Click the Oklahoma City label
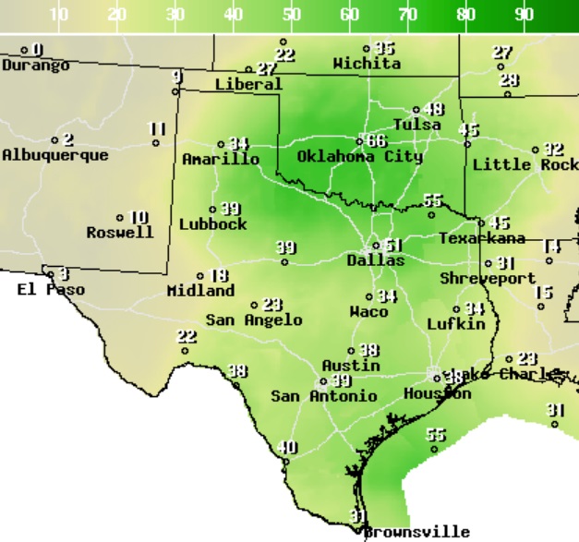pyautogui.click(x=359, y=157)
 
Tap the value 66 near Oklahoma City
pyautogui.click(x=376, y=141)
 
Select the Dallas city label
pyautogui.click(x=375, y=260)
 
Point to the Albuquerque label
pyautogui.click(x=54, y=155)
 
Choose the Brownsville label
pyautogui.click(x=416, y=532)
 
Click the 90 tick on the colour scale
pyautogui.click(x=524, y=15)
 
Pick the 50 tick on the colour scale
pyautogui.click(x=292, y=15)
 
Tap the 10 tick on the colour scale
pyautogui.click(x=59, y=15)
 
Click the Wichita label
pyautogui.click(x=367, y=64)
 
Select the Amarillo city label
pyautogui.click(x=221, y=159)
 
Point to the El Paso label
pyautogui.click(x=51, y=290)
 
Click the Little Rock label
pyautogui.click(x=525, y=164)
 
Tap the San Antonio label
pyautogui.click(x=323, y=396)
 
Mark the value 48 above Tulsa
pyautogui.click(x=433, y=110)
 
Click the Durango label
pyautogui.click(x=35, y=66)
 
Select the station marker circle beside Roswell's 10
pyautogui.click(x=120, y=219)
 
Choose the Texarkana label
pyautogui.click(x=481, y=238)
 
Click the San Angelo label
pyautogui.click(x=253, y=320)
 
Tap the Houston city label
pyautogui.click(x=437, y=394)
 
